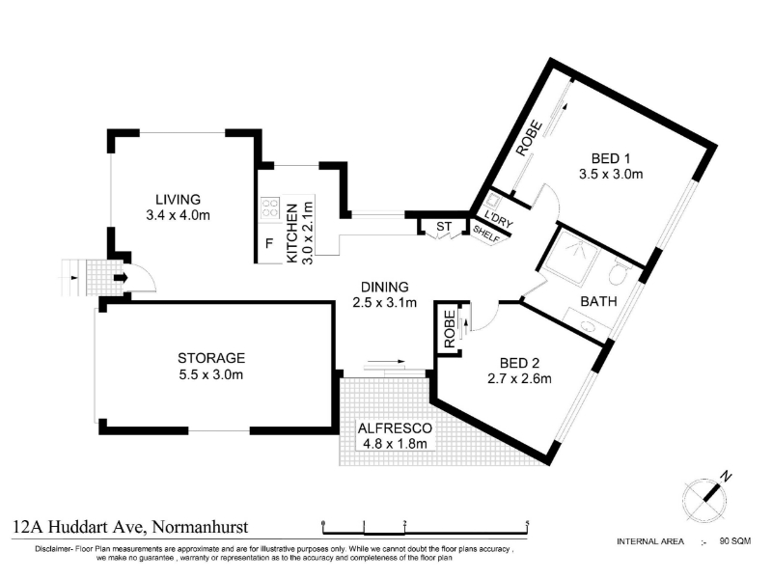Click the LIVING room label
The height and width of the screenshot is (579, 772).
pyautogui.click(x=179, y=200)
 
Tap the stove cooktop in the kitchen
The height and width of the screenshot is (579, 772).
pyautogui.click(x=270, y=207)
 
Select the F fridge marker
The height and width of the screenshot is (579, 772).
pyautogui.click(x=269, y=243)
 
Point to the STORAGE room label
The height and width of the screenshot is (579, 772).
pyautogui.click(x=211, y=358)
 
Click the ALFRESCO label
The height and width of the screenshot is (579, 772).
pyautogui.click(x=395, y=428)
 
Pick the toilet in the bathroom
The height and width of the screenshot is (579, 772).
pyautogui.click(x=618, y=273)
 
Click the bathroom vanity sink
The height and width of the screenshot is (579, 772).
pyautogui.click(x=587, y=325)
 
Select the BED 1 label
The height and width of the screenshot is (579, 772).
pyautogui.click(x=611, y=158)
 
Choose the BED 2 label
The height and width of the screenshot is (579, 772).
pyautogui.click(x=519, y=364)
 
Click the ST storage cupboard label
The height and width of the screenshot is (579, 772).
pyautogui.click(x=444, y=227)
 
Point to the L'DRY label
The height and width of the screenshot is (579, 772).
pyautogui.click(x=499, y=220)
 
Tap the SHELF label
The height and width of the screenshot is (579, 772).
pyautogui.click(x=486, y=234)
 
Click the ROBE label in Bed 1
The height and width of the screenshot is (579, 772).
pyautogui.click(x=529, y=139)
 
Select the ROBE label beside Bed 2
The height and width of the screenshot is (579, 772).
pyautogui.click(x=450, y=329)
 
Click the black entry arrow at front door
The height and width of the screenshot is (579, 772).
pyautogui.click(x=122, y=278)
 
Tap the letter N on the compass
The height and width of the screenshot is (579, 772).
pyautogui.click(x=726, y=476)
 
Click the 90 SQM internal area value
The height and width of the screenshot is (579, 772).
pyautogui.click(x=735, y=541)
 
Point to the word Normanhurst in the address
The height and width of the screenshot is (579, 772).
pyautogui.click(x=201, y=527)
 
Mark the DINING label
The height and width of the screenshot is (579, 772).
pyautogui.click(x=385, y=287)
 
